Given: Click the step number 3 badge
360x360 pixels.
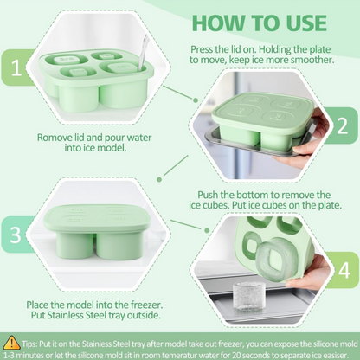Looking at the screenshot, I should pyautogui.click(x=15, y=235).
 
